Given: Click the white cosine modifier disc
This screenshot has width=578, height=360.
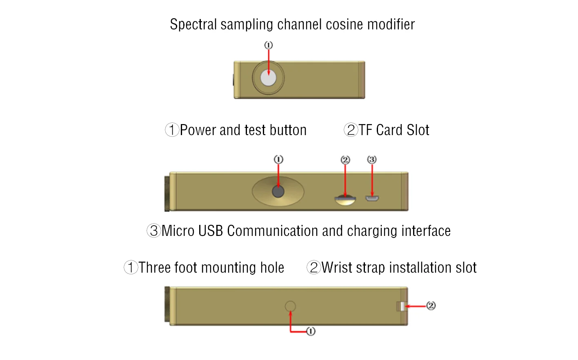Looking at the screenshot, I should (268, 78).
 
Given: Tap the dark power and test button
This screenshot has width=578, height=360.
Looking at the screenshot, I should (278, 191).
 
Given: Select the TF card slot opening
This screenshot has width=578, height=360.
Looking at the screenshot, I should (345, 199).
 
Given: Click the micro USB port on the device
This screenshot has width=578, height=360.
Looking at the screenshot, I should (372, 199).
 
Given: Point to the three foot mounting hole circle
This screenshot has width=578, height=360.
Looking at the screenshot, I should (290, 306).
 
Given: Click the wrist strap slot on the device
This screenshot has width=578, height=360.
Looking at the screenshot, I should (401, 306).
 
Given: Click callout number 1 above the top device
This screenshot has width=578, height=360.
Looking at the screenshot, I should (268, 45).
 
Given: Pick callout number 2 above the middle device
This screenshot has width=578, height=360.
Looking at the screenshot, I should (345, 160).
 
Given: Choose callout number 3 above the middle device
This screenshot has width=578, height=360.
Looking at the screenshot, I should (371, 160).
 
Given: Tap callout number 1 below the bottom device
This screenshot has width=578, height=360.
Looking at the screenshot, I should (311, 331).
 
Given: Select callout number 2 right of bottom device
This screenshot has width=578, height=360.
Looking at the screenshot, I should (431, 305).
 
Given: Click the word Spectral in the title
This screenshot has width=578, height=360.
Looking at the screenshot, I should (193, 24).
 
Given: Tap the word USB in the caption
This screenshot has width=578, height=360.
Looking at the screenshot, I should (210, 231).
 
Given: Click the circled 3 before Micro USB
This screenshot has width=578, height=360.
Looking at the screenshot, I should (154, 231).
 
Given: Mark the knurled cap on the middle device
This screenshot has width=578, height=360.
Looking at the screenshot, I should (167, 194).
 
